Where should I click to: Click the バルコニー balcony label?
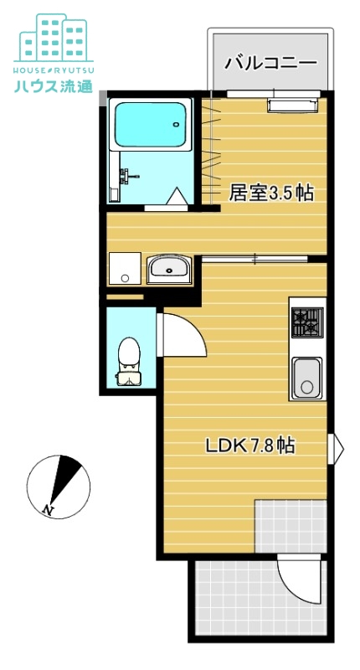[x=270, y=62]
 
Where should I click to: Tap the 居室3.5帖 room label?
[x=271, y=193]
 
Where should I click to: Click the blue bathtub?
[x=148, y=126]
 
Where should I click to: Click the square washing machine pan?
[x=126, y=268]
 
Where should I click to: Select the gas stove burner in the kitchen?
[x=306, y=322]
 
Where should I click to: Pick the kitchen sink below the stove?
[x=306, y=377]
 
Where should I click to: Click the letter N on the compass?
[x=49, y=508]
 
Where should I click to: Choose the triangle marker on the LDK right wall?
[x=338, y=448]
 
